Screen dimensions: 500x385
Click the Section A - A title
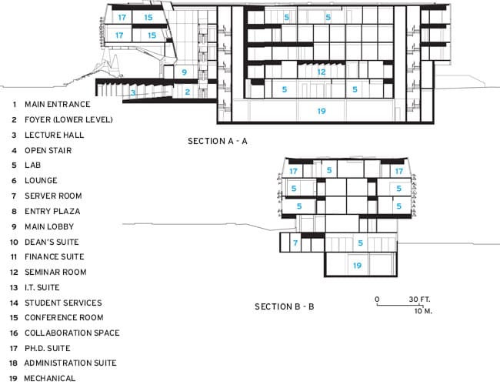tap(218, 141)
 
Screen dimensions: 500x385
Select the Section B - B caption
tap(285, 306)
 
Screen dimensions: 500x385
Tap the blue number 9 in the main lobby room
tap(185, 72)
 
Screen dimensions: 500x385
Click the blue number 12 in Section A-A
tap(321, 72)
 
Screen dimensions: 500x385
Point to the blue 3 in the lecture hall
tap(133, 93)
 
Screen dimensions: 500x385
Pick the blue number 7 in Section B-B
tap(295, 243)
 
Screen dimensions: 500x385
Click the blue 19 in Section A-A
tap(321, 111)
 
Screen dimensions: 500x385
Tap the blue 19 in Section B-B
tap(357, 266)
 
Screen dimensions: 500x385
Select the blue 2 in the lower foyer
tap(188, 92)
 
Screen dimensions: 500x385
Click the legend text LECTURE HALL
tap(54, 135)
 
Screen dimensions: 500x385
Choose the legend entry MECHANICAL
tap(50, 378)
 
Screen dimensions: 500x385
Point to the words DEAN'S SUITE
tap(52, 242)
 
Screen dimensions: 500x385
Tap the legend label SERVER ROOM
tap(53, 196)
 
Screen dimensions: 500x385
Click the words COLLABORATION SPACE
tap(72, 333)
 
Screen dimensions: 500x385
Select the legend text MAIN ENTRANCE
tap(58, 105)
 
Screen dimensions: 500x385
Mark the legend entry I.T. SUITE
tap(42, 287)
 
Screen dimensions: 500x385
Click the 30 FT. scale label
tap(419, 300)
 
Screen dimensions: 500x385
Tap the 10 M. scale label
tap(423, 311)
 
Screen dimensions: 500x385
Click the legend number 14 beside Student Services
tap(14, 303)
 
